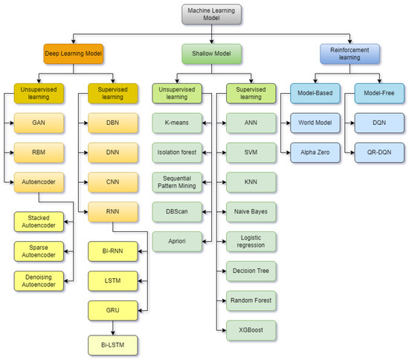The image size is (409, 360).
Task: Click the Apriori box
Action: click(177, 242)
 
